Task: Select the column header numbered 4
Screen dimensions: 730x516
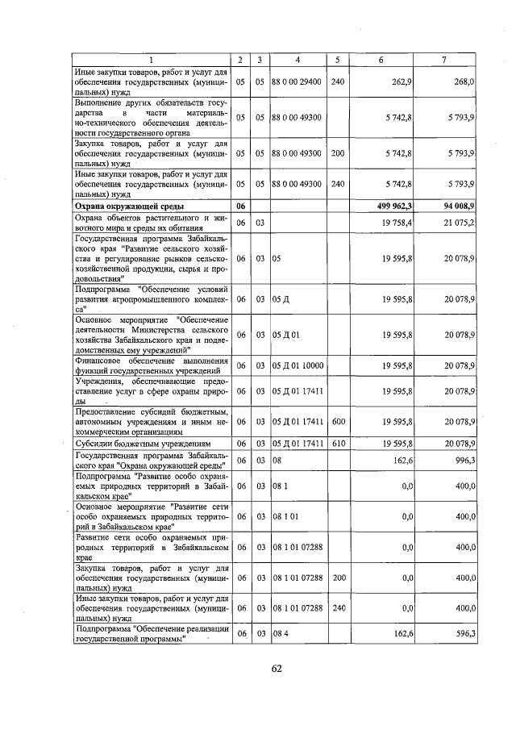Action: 298,60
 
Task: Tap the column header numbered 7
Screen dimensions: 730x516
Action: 443,60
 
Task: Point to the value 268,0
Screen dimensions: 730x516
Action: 463,81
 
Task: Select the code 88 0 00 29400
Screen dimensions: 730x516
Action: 296,81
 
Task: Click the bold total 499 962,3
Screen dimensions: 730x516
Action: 394,206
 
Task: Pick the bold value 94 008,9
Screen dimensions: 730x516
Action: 456,206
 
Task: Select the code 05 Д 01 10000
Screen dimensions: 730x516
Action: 298,365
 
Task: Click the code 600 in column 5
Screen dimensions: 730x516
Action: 337,420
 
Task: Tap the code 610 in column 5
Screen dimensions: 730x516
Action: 337,443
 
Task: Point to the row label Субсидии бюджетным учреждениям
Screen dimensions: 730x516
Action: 143,443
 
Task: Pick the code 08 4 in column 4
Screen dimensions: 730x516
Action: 280,634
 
